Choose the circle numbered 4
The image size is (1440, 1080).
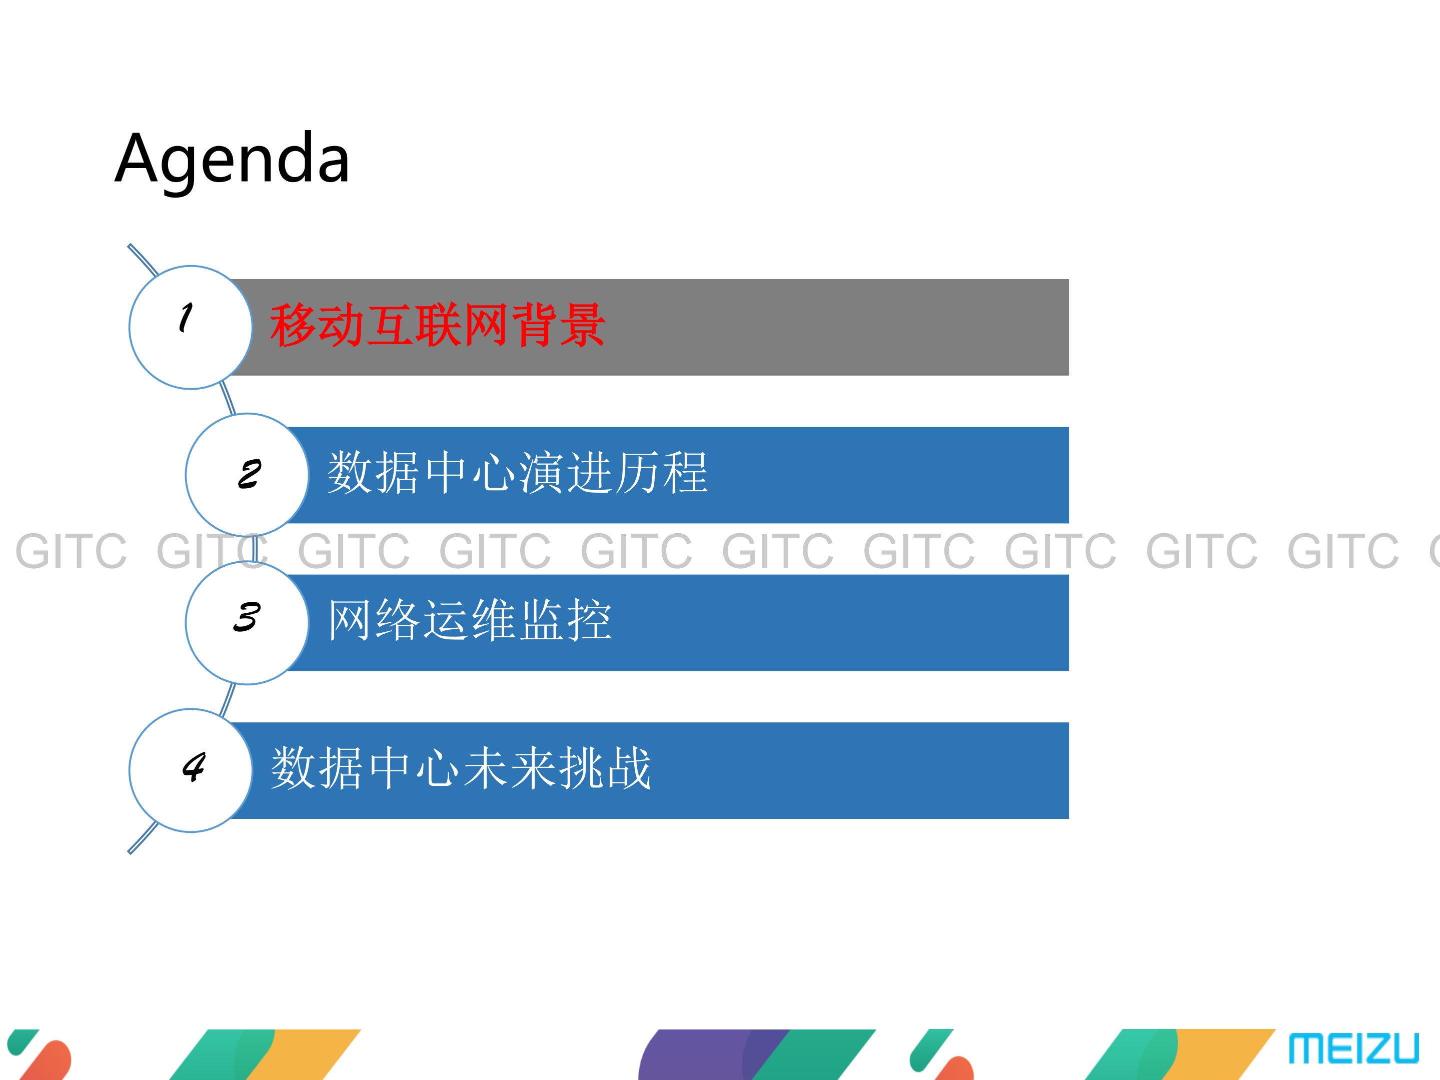[190, 770]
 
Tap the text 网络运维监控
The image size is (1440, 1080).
[469, 620]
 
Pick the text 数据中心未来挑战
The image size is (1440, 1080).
[460, 768]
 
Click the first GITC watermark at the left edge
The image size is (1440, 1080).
[71, 551]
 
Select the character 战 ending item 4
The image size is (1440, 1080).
[628, 768]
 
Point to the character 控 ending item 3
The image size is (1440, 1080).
[589, 620]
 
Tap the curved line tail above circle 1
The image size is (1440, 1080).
[142, 259]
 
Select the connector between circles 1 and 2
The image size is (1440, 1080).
[228, 398]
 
